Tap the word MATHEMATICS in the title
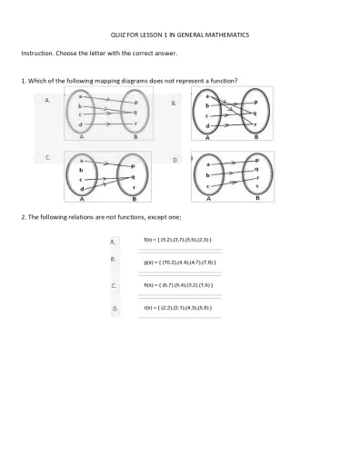[x=227, y=35]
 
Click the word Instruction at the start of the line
[x=37, y=54]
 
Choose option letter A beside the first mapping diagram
[x=47, y=101]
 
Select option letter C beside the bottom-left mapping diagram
[x=47, y=157]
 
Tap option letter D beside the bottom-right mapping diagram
[x=175, y=160]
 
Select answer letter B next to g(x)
[x=114, y=260]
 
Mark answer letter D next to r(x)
[x=115, y=309]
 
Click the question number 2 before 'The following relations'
[x=23, y=218]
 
